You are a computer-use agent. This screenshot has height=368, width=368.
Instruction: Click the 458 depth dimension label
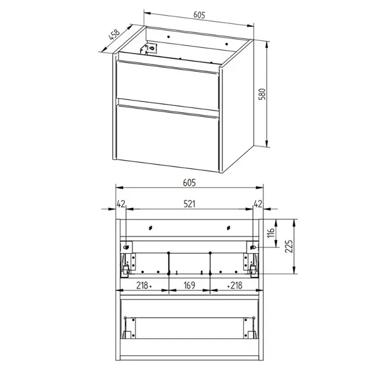click(114, 34)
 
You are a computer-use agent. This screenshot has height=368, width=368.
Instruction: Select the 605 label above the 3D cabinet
click(199, 15)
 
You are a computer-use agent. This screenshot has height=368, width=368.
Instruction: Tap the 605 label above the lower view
click(189, 183)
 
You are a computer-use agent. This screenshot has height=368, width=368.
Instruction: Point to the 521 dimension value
click(189, 204)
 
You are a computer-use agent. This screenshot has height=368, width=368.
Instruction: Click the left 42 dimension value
click(121, 204)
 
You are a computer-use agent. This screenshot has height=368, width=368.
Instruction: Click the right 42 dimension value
click(258, 204)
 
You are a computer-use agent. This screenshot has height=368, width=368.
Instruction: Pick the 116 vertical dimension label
click(270, 232)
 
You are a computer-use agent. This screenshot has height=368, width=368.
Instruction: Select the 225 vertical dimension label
click(289, 246)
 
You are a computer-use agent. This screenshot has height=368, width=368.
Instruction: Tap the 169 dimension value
click(189, 286)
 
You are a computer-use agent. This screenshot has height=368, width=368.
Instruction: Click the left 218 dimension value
click(142, 286)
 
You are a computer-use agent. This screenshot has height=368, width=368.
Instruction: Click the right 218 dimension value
click(236, 286)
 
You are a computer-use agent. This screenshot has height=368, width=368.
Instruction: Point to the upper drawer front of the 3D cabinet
click(168, 85)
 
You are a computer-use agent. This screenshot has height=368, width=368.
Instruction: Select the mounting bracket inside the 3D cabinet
click(148, 48)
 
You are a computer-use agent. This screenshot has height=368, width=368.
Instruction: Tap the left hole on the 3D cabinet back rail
click(168, 37)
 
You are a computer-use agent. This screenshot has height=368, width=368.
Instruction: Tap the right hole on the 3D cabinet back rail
click(227, 44)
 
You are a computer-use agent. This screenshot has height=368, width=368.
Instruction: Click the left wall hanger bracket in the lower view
click(127, 247)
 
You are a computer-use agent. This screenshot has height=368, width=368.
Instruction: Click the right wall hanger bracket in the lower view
click(252, 247)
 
